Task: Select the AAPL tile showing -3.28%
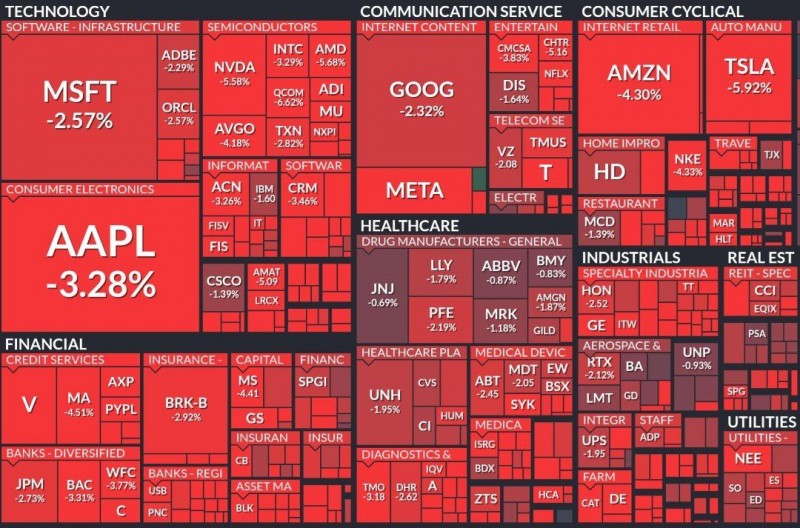[100, 260]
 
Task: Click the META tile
[414, 189]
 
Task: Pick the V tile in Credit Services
[29, 404]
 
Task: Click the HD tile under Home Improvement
[609, 171]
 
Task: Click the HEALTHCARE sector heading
[409, 226]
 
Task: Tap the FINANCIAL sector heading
[44, 344]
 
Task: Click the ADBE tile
[178, 59]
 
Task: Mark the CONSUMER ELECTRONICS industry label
[80, 189]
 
